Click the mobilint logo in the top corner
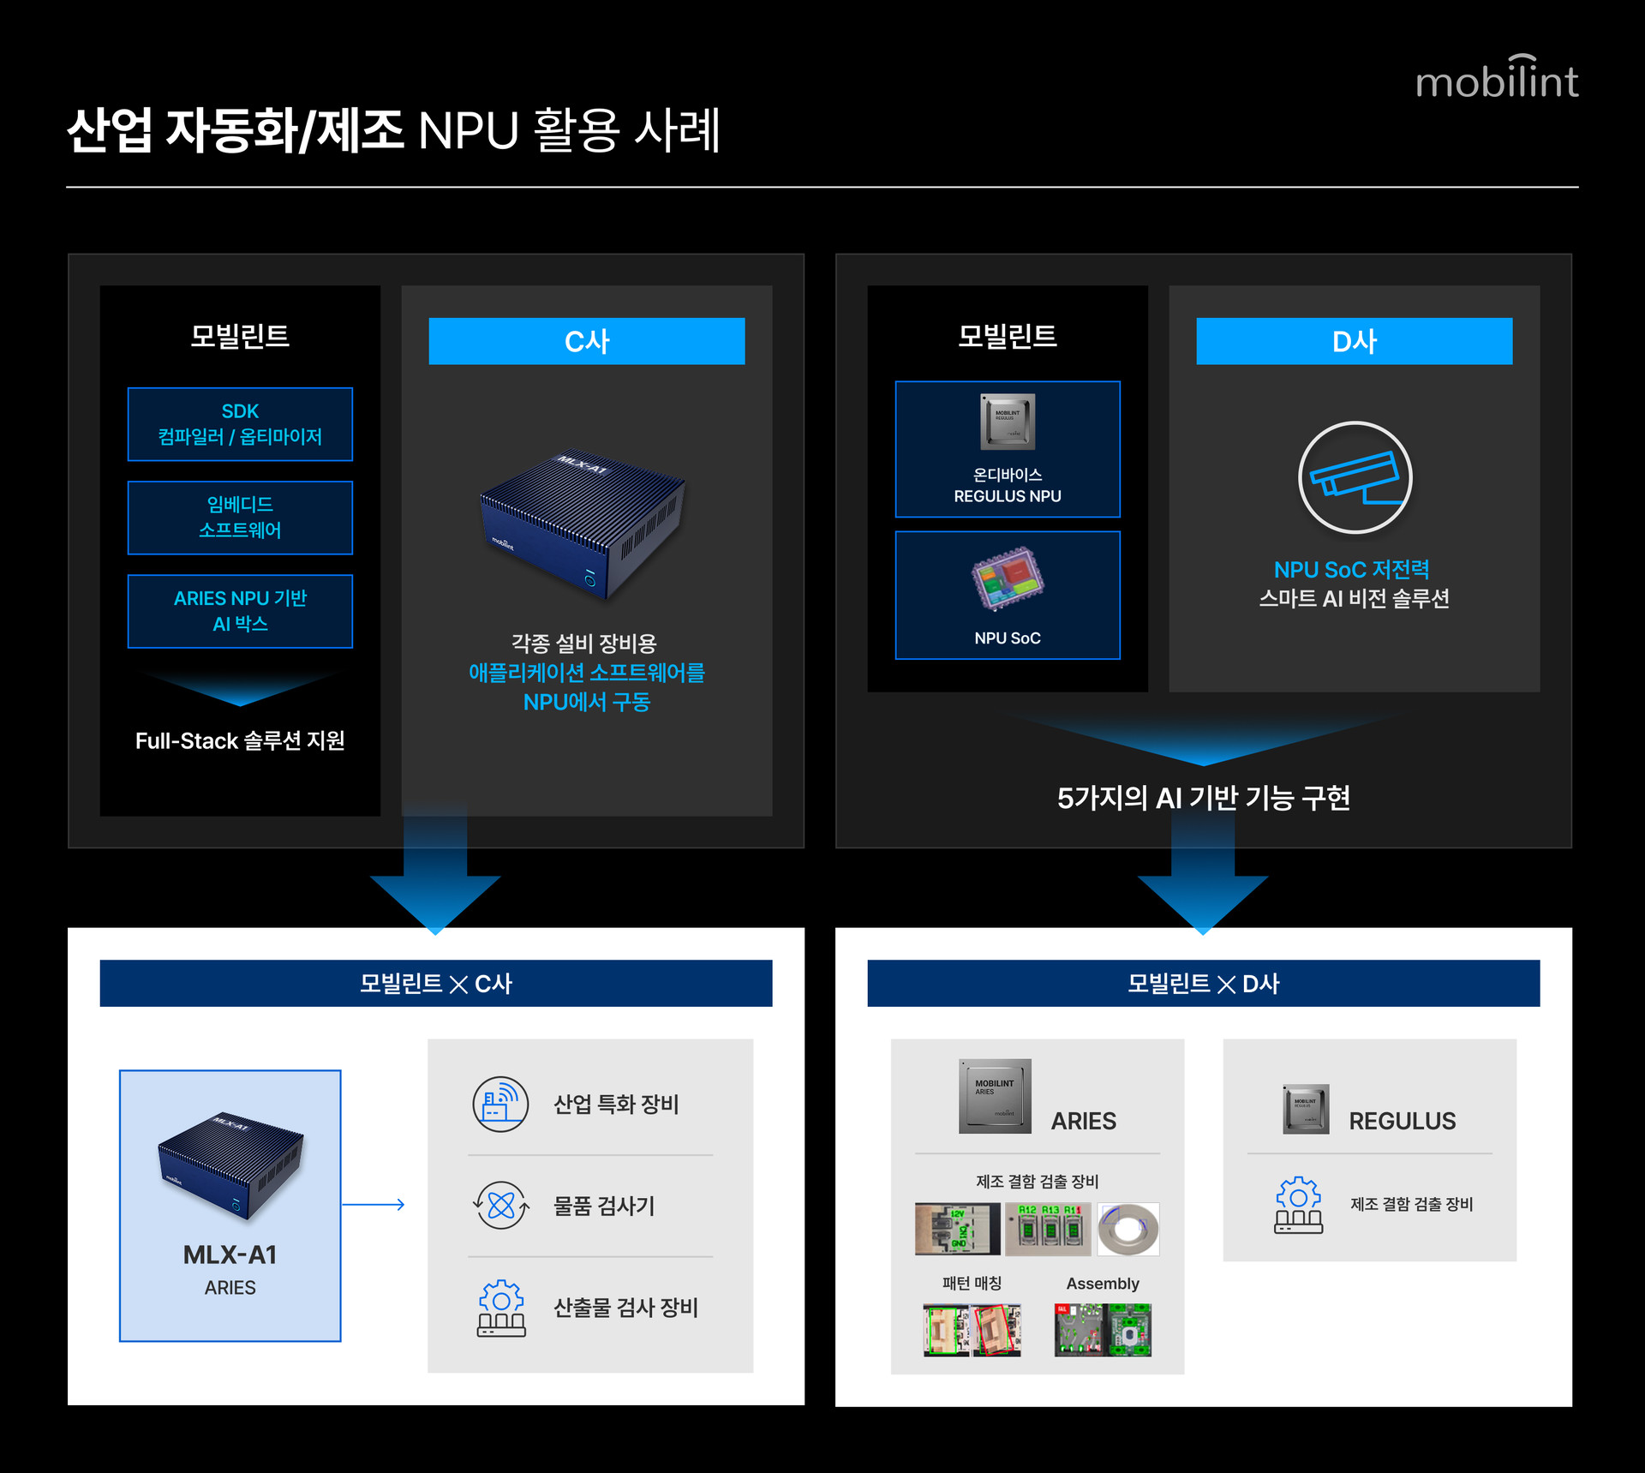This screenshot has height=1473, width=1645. coord(1496,79)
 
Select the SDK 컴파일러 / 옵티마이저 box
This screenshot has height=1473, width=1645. coord(240,424)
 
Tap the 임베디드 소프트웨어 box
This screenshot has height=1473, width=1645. coord(240,518)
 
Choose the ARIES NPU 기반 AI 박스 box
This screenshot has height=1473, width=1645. coord(240,611)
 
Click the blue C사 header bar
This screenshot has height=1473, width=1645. coord(586,341)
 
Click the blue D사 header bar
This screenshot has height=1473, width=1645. coord(1354,341)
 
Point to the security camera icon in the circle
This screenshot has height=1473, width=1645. coord(1355,477)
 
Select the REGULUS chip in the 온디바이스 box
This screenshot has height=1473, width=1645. coord(1008,422)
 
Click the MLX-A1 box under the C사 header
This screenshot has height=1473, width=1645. coord(583,523)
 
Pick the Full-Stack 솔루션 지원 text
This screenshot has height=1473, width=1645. coord(240,740)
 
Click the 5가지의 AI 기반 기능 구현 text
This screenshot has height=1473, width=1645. coord(1203,798)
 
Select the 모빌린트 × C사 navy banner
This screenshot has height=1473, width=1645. coord(435,983)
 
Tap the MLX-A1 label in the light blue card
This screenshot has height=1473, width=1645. coord(230,1254)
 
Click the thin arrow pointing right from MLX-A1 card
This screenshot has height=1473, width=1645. coord(374,1205)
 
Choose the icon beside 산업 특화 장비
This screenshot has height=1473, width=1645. coord(500,1104)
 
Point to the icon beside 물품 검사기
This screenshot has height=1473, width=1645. coord(500,1206)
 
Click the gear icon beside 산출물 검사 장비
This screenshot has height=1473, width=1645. coord(501,1308)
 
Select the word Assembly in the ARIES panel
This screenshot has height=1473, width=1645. coord(1102,1284)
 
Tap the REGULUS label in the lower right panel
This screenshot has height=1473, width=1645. coord(1402,1121)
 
